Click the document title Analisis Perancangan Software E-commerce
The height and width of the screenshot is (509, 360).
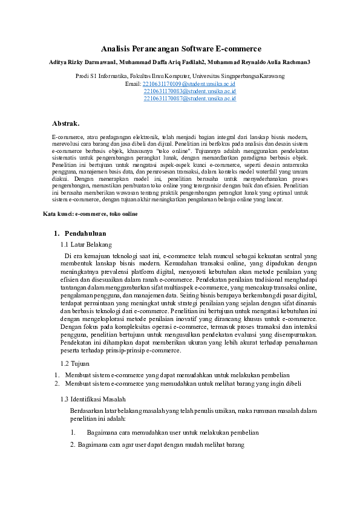coord(181,48)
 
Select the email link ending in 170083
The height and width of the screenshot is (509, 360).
coord(189,91)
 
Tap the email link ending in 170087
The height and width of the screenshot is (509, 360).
coord(189,98)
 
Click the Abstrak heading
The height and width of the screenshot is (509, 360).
coord(66,123)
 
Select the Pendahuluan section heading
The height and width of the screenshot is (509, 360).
coord(85,233)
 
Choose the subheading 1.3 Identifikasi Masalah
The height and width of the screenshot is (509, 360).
coord(93,399)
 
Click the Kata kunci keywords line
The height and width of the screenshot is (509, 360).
coord(90,214)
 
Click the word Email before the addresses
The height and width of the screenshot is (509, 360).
coord(133,84)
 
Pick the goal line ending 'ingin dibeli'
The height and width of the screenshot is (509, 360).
coord(182,383)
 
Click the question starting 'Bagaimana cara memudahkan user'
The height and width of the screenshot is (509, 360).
coord(172,432)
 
